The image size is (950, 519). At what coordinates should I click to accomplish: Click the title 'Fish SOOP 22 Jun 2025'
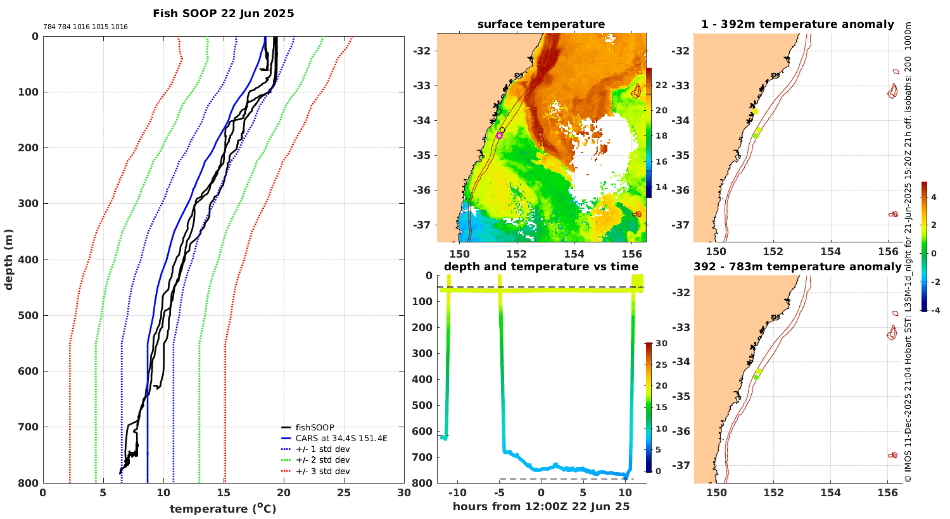point(224,13)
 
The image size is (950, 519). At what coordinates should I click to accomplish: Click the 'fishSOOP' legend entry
point(315,427)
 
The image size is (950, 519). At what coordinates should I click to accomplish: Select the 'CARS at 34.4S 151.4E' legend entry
point(341,438)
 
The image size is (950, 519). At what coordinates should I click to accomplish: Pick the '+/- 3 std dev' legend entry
point(322,471)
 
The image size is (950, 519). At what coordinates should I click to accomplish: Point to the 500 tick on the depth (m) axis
point(31,315)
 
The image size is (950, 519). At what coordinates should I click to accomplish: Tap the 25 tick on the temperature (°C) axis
point(344,493)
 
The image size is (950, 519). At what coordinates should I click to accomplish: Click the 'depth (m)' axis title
point(8,259)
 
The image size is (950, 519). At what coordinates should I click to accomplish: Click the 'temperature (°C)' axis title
point(223,509)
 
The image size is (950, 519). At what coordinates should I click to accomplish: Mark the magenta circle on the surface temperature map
point(499,135)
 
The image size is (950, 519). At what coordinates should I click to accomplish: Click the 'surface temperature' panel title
point(541,25)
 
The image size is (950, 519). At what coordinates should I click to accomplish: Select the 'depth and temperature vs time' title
point(541,266)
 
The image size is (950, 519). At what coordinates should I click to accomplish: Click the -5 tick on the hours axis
point(499,493)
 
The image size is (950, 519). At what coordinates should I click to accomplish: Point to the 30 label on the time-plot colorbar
point(661,344)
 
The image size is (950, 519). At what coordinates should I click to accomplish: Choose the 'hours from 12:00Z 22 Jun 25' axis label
point(541,506)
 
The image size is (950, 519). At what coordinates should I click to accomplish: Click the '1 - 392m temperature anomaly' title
point(797,25)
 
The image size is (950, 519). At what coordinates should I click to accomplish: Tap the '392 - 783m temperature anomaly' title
point(797,266)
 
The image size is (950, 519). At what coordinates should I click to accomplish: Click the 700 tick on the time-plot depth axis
point(424,457)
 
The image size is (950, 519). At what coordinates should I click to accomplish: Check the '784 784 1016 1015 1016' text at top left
point(85,27)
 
